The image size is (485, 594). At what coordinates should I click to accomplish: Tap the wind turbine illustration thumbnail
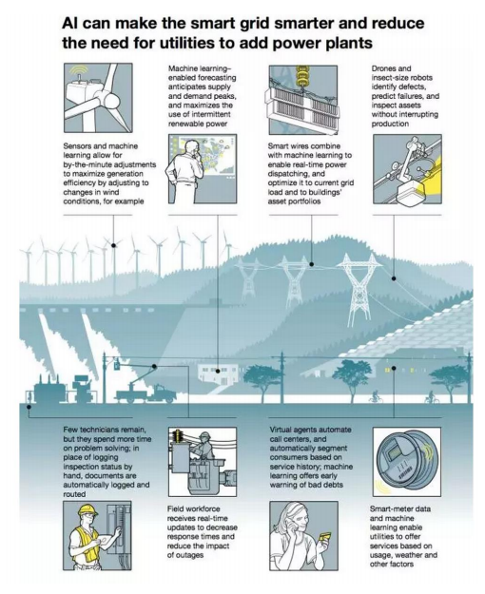pos(98,98)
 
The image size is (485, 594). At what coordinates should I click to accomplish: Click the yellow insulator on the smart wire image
pos(302,76)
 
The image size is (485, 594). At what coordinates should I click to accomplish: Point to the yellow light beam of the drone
pos(430,175)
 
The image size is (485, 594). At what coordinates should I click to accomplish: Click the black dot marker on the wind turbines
pos(113,245)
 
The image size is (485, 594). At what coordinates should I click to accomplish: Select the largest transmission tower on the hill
pos(359,289)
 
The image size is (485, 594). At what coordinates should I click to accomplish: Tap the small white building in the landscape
pos(218,374)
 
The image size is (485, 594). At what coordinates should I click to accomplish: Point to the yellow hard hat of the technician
pos(87,510)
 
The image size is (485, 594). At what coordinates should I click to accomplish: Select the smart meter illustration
pos(407,461)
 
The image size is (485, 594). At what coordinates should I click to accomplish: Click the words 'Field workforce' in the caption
pos(193,508)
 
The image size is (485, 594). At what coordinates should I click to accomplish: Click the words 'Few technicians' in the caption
pos(91,430)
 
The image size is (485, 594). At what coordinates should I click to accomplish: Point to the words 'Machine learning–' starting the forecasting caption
pos(199,68)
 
